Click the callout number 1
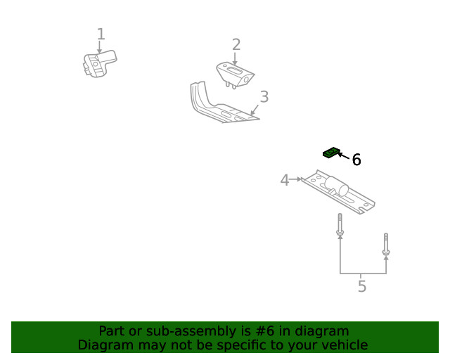tap(101, 34)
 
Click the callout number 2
tap(236, 45)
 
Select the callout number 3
tap(264, 96)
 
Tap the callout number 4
tap(285, 180)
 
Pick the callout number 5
tap(362, 287)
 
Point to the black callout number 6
tap(356, 160)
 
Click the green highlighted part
tap(331, 152)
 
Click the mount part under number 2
tap(235, 74)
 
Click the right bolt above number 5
tap(385, 244)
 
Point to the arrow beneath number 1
tap(100, 48)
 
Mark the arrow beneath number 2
tap(235, 59)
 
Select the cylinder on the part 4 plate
tap(337, 186)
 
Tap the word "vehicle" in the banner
tap(342, 345)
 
